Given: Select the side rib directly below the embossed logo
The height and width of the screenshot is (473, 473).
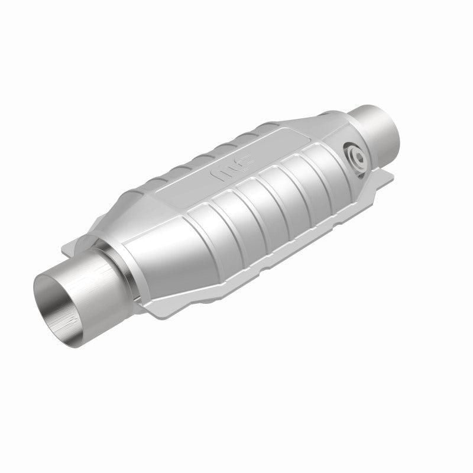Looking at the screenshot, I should [x=248, y=207].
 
